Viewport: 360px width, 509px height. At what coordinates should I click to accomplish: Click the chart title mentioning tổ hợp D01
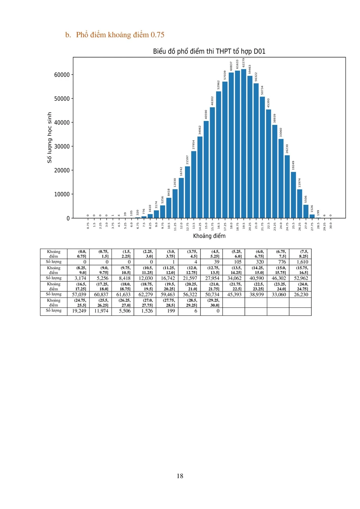tap(209, 51)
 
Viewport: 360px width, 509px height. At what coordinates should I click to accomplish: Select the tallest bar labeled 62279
tap(244, 144)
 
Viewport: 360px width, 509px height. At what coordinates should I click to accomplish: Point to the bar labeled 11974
tap(300, 204)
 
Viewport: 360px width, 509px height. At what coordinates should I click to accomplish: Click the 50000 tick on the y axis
tap(62, 99)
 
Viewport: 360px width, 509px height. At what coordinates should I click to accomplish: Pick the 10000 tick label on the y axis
tap(62, 194)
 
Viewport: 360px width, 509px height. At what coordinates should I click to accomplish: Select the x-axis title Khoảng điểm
tap(209, 236)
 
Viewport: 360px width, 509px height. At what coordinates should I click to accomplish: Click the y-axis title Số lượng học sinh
tap(50, 138)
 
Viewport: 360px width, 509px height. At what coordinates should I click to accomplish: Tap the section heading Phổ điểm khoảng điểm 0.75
tap(120, 35)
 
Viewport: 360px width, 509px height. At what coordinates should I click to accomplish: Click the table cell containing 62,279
tap(145, 294)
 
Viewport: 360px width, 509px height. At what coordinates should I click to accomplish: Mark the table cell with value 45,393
tap(234, 294)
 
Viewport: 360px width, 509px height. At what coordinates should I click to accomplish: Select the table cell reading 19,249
tap(79, 311)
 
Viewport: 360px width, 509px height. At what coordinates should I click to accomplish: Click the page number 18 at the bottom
tap(180, 476)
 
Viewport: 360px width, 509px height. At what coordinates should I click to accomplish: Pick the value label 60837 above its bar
tap(231, 66)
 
